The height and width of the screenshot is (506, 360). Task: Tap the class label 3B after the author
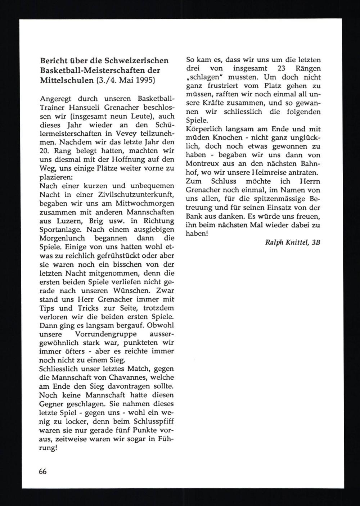pos(316,242)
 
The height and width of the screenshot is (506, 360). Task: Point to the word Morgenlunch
pos(62,238)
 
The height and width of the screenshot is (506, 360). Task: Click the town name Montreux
pos(201,164)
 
